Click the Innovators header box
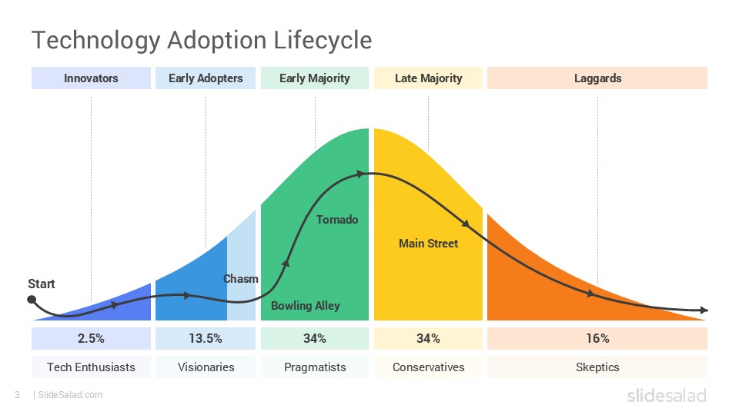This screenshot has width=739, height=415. click(91, 78)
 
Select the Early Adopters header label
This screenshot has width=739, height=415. click(206, 78)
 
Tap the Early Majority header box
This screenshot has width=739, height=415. click(314, 78)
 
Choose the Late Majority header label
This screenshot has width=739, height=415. click(428, 78)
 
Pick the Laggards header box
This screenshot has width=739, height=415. click(597, 78)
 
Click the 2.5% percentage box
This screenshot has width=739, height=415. click(91, 339)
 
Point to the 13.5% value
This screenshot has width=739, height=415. click(206, 339)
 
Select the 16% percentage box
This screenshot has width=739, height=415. click(597, 339)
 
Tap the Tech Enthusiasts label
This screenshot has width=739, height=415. click(91, 367)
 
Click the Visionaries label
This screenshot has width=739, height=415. click(206, 367)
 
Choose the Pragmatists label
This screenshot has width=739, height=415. click(314, 367)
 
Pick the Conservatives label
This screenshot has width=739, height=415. click(428, 367)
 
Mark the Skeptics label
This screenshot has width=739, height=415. click(597, 367)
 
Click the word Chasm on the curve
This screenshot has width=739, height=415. click(241, 279)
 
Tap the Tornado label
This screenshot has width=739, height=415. click(337, 220)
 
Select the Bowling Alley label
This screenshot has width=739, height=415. click(305, 306)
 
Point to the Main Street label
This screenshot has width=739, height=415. click(428, 244)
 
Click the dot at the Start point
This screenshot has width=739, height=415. click(32, 300)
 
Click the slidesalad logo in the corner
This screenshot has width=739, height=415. click(666, 395)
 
